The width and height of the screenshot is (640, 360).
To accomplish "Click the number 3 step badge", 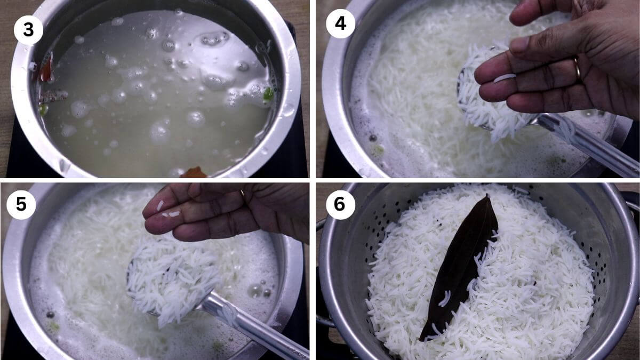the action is click(x=28, y=30).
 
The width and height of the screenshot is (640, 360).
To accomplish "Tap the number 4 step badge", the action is click(x=341, y=23).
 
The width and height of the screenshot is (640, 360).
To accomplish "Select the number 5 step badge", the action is click(x=21, y=205).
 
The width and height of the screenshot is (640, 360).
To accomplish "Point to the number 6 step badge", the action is click(x=341, y=205).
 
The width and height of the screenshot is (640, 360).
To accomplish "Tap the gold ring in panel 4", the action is click(x=578, y=69).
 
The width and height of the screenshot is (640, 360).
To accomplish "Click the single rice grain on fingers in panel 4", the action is click(x=505, y=78).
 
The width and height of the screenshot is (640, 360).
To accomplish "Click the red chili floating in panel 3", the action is click(x=47, y=69).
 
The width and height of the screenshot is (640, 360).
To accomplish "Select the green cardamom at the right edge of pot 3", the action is click(x=268, y=94).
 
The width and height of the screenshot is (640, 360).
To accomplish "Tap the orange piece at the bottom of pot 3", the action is click(x=194, y=173).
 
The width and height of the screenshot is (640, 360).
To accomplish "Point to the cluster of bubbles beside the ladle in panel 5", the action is click(x=259, y=290).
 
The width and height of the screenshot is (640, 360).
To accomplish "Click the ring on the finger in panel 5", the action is click(x=242, y=193).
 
